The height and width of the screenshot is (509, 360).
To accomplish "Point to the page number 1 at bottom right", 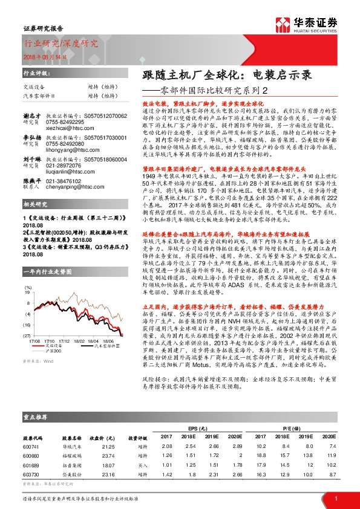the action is (x=335, y=498).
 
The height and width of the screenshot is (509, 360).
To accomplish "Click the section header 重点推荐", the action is (x=36, y=417).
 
